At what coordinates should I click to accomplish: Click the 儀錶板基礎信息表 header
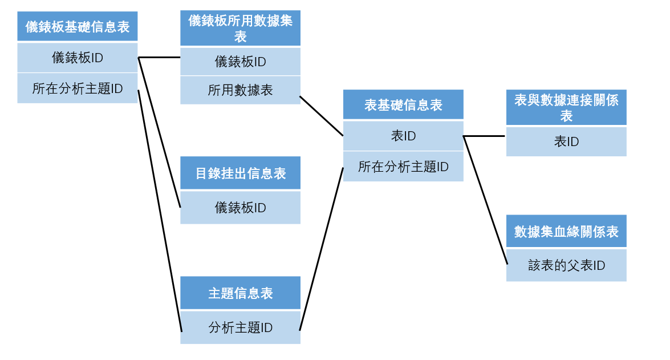(78, 27)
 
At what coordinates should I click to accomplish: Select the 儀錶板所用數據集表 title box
(240, 29)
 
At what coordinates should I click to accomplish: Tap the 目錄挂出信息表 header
(240, 173)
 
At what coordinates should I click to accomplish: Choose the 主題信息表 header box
(240, 293)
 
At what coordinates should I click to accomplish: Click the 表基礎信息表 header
(403, 104)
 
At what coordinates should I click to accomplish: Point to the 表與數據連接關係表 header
(566, 108)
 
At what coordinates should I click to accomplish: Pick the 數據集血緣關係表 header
(566, 232)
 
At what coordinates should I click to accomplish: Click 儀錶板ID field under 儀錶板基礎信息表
(78, 58)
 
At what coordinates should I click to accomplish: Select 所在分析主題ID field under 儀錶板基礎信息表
(78, 88)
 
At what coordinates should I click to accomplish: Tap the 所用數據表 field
(240, 90)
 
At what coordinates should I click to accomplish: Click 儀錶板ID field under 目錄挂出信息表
(240, 208)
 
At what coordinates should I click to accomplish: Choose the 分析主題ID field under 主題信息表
(240, 327)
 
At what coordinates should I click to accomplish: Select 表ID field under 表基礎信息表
(403, 136)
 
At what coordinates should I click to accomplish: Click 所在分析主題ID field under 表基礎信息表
(403, 167)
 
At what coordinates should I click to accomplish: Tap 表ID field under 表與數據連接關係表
(566, 141)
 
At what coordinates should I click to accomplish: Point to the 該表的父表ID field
(566, 265)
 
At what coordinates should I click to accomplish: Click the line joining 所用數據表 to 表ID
(322, 116)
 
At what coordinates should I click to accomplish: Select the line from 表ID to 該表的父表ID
(485, 200)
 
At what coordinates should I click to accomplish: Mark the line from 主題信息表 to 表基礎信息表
(321, 249)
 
